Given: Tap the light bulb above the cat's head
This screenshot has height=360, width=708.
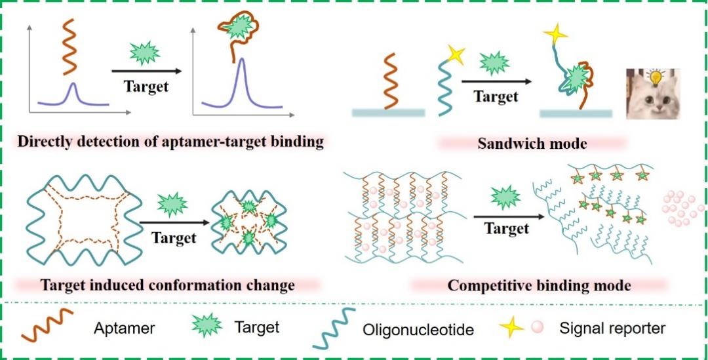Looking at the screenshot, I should coord(653,77).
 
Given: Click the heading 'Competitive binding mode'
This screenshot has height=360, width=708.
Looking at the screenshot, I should coord(539,285).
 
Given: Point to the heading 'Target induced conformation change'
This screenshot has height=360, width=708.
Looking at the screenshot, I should coord(168,285).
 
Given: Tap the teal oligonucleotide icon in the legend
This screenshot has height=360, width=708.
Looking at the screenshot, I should coord(334,329).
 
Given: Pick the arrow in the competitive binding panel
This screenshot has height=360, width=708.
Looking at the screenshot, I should coord(507,215).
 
